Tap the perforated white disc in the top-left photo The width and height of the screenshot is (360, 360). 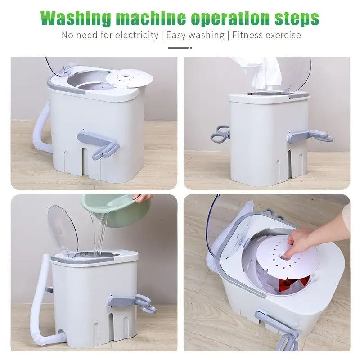click(129, 78)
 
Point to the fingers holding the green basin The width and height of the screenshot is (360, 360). click(143, 198)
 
